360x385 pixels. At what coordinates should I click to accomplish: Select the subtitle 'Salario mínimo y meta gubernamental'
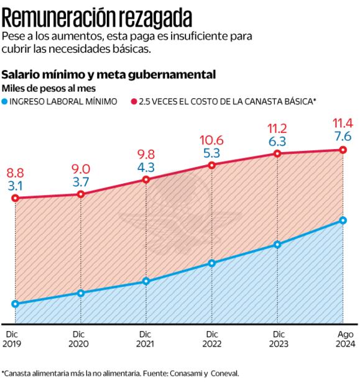tap(109, 75)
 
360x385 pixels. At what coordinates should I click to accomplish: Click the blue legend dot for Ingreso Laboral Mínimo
tap(6, 100)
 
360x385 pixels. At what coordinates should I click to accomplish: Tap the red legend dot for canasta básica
tap(134, 100)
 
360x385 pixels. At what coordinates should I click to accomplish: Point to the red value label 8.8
tap(16, 173)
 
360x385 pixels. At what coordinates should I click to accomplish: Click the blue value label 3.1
tap(16, 185)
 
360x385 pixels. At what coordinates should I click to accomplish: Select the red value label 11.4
tap(343, 122)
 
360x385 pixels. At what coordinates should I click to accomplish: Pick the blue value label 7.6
tap(343, 135)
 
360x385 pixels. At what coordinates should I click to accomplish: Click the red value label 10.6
tap(211, 140)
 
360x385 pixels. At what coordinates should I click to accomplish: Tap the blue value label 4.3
tap(146, 166)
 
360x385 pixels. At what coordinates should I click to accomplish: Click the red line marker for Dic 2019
tap(15, 198)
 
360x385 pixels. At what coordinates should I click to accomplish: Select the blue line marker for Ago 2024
tap(343, 220)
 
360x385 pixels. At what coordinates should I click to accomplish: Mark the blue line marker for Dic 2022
tap(212, 263)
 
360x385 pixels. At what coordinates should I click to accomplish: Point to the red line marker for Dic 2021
tap(146, 180)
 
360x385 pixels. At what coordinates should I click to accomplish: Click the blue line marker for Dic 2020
tap(81, 293)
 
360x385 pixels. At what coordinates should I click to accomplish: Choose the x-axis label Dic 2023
tap(277, 339)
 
